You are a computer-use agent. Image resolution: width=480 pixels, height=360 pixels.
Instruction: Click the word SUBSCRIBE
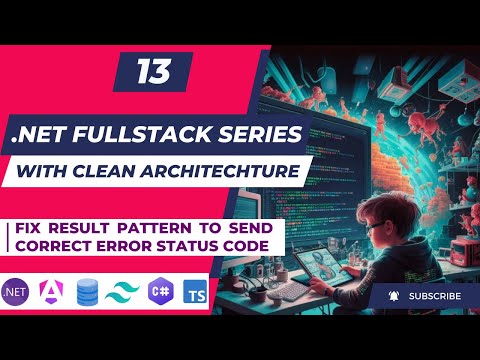[x=434, y=296]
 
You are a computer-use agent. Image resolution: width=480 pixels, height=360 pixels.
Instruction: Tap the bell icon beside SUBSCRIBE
[x=392, y=296]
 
